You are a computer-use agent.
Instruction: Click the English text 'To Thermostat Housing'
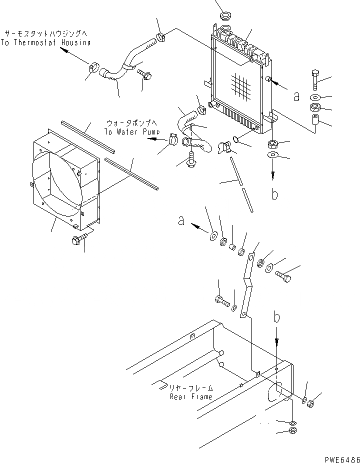(x=46, y=42)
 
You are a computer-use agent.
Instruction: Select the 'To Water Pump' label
(x=132, y=132)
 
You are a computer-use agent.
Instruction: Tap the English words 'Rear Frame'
(x=191, y=396)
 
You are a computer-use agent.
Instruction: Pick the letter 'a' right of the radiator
(x=296, y=96)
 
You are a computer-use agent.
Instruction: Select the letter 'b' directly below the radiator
(x=274, y=194)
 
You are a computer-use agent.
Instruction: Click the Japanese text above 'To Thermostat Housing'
(x=45, y=33)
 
